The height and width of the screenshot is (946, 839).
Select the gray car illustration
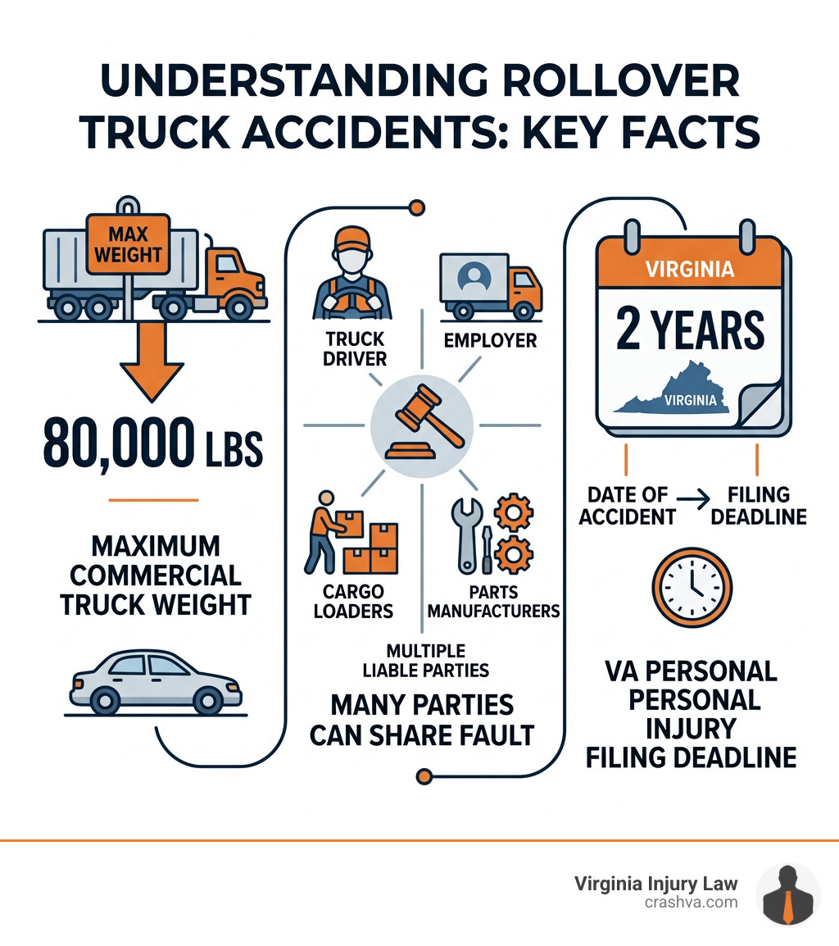pyautogui.click(x=156, y=682)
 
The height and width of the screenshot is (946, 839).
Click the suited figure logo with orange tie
pyautogui.click(x=787, y=895)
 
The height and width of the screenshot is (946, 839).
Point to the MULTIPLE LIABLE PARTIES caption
pyautogui.click(x=425, y=660)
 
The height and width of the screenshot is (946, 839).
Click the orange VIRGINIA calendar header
pyautogui.click(x=690, y=269)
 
